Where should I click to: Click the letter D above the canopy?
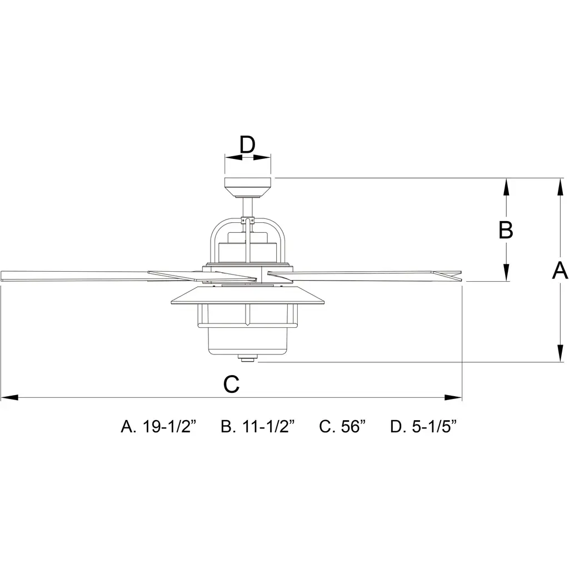(247, 145)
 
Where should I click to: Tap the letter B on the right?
(506, 229)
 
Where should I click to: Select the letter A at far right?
(560, 271)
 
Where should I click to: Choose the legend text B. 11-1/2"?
(258, 426)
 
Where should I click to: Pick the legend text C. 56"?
(342, 426)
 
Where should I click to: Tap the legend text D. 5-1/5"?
(423, 426)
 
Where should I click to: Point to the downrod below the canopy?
(248, 208)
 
